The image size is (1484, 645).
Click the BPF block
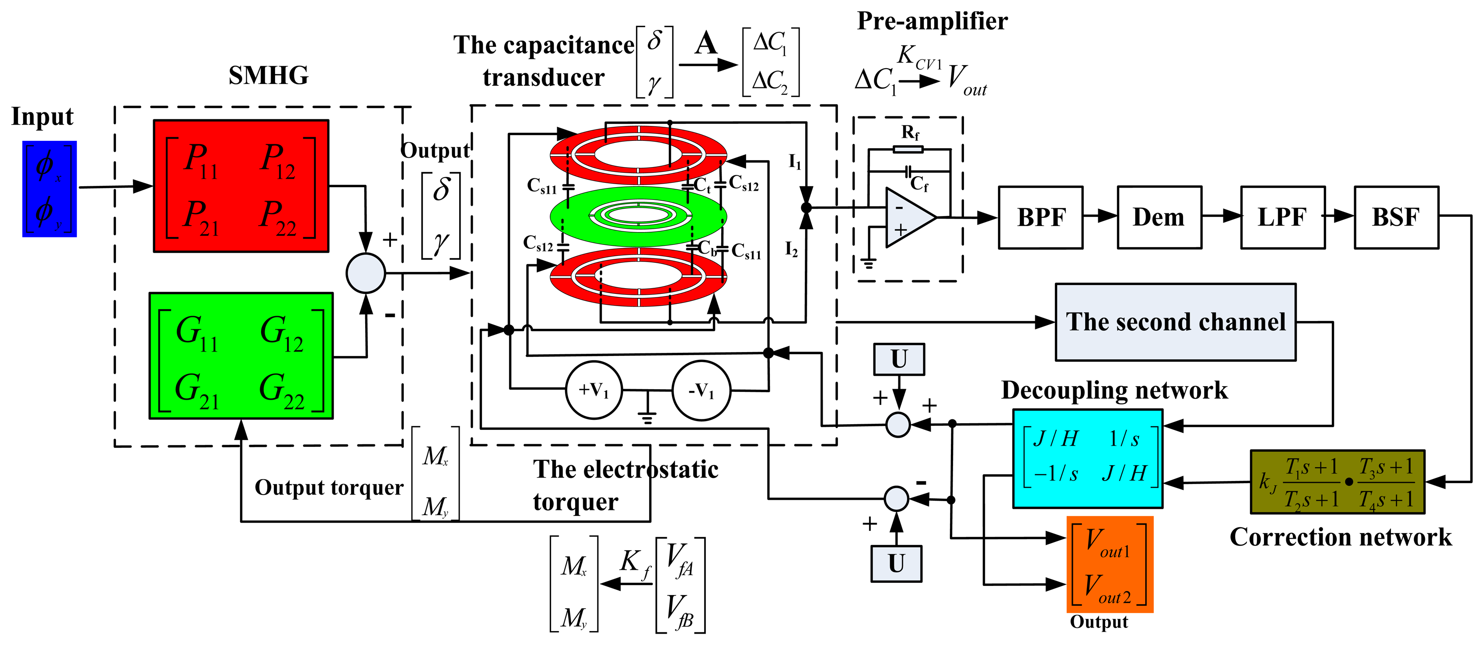[x=1041, y=217]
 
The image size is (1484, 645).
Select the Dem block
[x=1159, y=217]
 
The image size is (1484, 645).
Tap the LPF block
[x=1282, y=217]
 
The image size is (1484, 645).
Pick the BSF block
[x=1396, y=217]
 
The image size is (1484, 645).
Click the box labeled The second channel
[x=1175, y=322]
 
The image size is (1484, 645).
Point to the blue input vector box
[x=49, y=189]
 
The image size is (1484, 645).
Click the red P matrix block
[x=241, y=186]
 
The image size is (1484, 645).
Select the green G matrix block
[x=241, y=356]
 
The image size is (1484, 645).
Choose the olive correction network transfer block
[x=1337, y=482]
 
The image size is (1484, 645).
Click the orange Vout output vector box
[x=1110, y=565]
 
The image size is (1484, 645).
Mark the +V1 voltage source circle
[x=594, y=390]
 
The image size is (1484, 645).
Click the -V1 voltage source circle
[x=701, y=390]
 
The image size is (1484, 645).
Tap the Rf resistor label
[x=910, y=133]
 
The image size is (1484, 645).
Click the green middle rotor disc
[x=638, y=216]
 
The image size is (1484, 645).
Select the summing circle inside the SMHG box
[x=366, y=273]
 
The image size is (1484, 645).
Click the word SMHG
[x=269, y=76]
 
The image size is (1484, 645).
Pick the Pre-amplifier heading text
[x=932, y=21]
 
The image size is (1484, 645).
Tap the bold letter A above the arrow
[x=706, y=43]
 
